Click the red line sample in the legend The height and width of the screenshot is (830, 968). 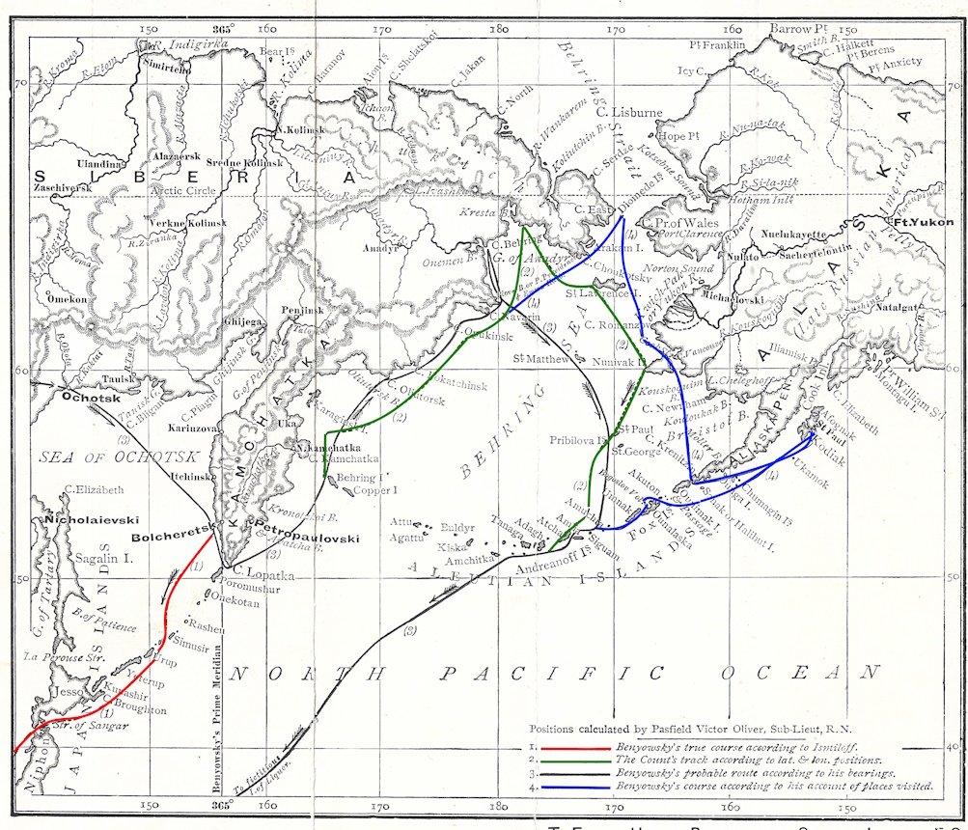point(573,747)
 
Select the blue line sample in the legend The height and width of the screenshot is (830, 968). point(573,788)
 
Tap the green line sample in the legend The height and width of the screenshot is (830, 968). point(573,761)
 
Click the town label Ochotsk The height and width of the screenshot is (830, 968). point(89,396)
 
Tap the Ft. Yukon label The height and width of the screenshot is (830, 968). point(924,223)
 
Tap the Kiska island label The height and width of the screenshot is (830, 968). point(452,546)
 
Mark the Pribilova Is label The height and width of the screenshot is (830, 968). point(580,440)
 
